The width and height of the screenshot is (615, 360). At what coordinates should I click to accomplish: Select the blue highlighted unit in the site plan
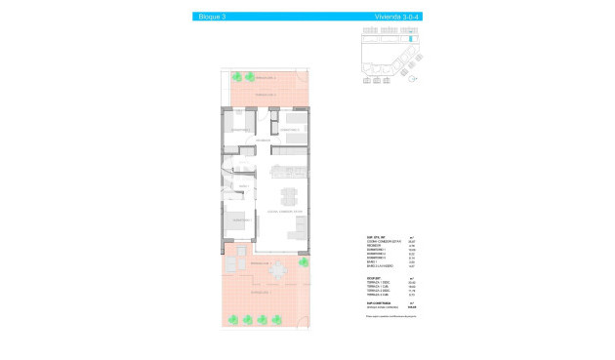410,40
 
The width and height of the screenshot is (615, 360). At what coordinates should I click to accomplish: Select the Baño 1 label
231,186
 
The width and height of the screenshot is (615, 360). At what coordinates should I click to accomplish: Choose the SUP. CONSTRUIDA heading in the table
382,302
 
